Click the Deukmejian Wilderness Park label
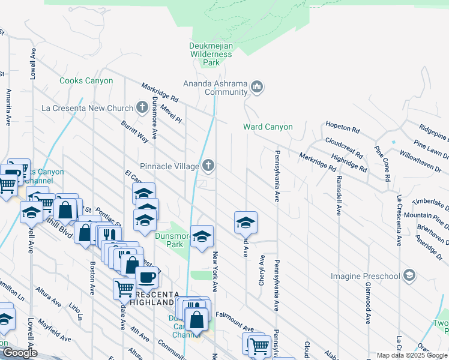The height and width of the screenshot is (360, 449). [x=211, y=54]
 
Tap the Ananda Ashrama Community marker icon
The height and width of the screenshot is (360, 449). [x=257, y=88]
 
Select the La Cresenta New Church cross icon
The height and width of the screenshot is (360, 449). [x=142, y=108]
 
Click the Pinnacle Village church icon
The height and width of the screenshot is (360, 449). [x=208, y=165]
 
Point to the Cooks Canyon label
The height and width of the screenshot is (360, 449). [x=86, y=81]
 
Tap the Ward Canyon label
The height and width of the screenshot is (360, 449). [x=268, y=127]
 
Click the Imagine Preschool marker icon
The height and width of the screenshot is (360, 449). [x=409, y=275]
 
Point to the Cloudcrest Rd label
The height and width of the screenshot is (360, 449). [x=344, y=147]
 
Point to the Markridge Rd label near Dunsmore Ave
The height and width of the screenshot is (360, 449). [x=160, y=91]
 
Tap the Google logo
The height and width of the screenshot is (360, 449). [x=19, y=353]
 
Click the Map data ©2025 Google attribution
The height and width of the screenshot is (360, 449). [x=411, y=356]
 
